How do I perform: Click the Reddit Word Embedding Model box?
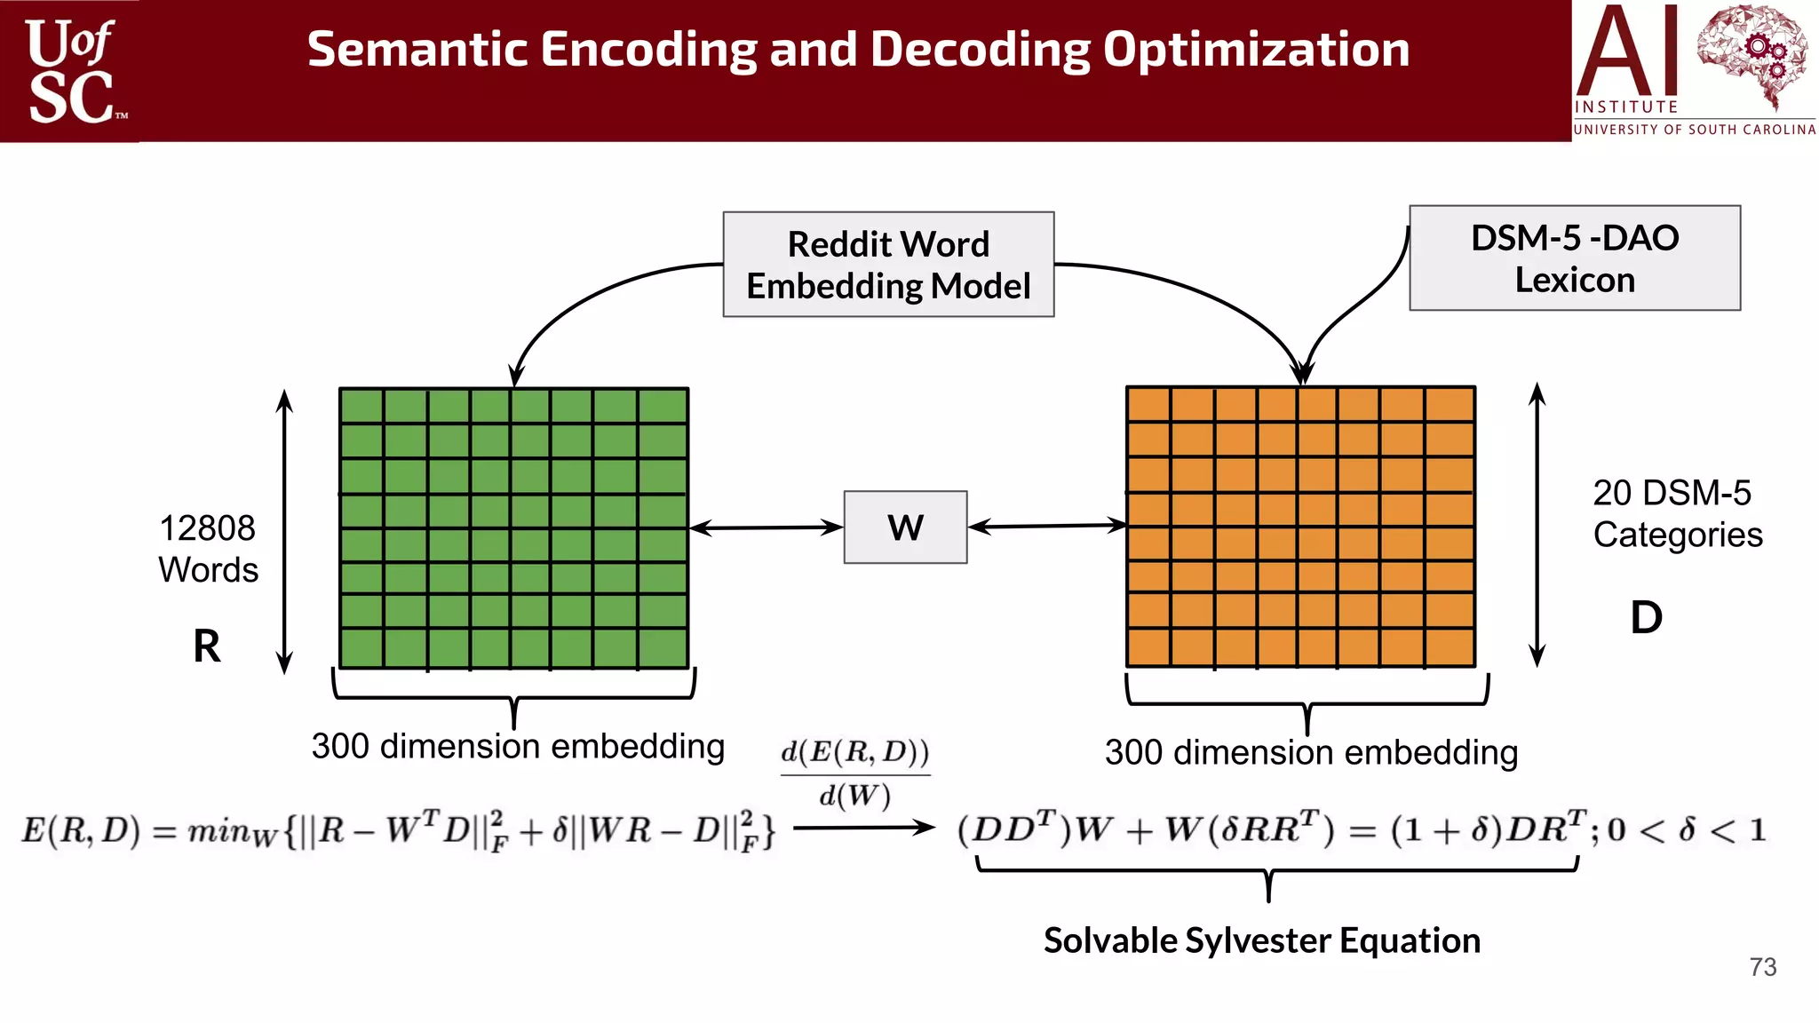pyautogui.click(x=888, y=265)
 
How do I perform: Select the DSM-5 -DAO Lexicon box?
pyautogui.click(x=1574, y=258)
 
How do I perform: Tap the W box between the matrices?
pyautogui.click(x=905, y=527)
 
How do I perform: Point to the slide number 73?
pyautogui.click(x=1762, y=967)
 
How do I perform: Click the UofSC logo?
pyautogui.click(x=71, y=71)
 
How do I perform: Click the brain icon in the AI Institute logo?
pyautogui.click(x=1751, y=53)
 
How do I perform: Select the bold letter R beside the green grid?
pyautogui.click(x=206, y=646)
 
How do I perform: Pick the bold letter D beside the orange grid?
pyautogui.click(x=1646, y=617)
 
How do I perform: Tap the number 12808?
pyautogui.click(x=207, y=528)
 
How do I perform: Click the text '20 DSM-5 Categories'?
pyautogui.click(x=1676, y=513)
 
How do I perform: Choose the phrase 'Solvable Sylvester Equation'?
pyautogui.click(x=1261, y=940)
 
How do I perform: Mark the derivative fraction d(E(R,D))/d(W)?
pyautogui.click(x=854, y=773)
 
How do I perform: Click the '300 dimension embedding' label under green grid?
pyautogui.click(x=518, y=746)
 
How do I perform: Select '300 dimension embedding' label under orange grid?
pyautogui.click(x=1311, y=752)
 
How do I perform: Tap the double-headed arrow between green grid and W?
pyautogui.click(x=766, y=528)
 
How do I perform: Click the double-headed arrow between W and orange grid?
pyautogui.click(x=1047, y=527)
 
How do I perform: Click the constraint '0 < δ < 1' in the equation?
pyautogui.click(x=1686, y=830)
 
